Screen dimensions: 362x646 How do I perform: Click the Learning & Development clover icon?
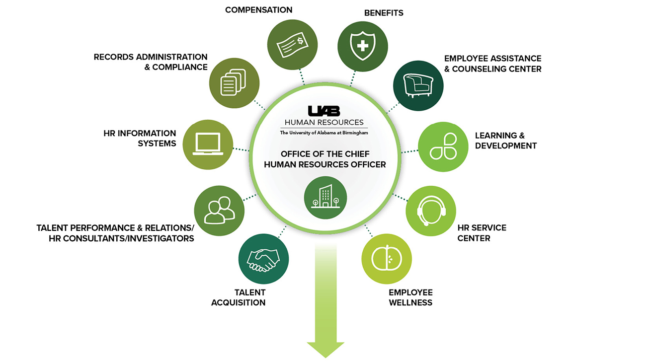pyautogui.click(x=443, y=146)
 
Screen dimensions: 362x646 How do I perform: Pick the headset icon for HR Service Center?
pyautogui.click(x=431, y=211)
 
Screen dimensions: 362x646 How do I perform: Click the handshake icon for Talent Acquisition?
pyautogui.click(x=263, y=259)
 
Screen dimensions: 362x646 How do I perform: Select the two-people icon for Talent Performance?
pyautogui.click(x=219, y=211)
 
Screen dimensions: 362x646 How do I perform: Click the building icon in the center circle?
pyautogui.click(x=325, y=197)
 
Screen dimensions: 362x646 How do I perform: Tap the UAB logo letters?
pyautogui.click(x=323, y=111)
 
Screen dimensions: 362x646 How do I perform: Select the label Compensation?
pyautogui.click(x=258, y=9)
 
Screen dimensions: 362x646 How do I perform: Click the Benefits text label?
pyautogui.click(x=384, y=13)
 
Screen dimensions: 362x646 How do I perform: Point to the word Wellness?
pyautogui.click(x=410, y=302)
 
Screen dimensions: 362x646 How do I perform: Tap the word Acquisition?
pyautogui.click(x=238, y=302)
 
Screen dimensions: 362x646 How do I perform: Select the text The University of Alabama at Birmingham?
pyautogui.click(x=323, y=133)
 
